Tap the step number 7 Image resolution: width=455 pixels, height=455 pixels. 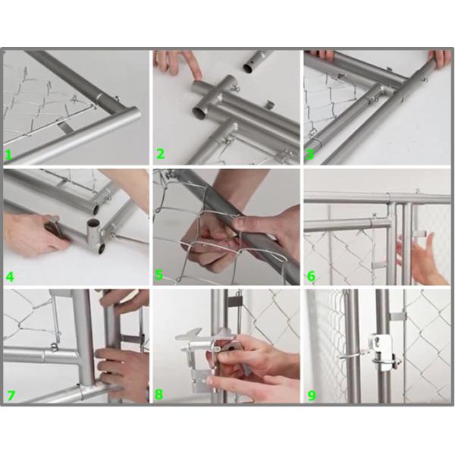coord(9,394)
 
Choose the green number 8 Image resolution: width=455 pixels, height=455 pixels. coord(160,394)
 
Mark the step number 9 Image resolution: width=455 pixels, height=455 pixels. coord(310,394)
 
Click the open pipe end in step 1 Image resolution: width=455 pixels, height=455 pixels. coord(131,120)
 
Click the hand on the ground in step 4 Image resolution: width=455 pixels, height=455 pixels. coord(30,231)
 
